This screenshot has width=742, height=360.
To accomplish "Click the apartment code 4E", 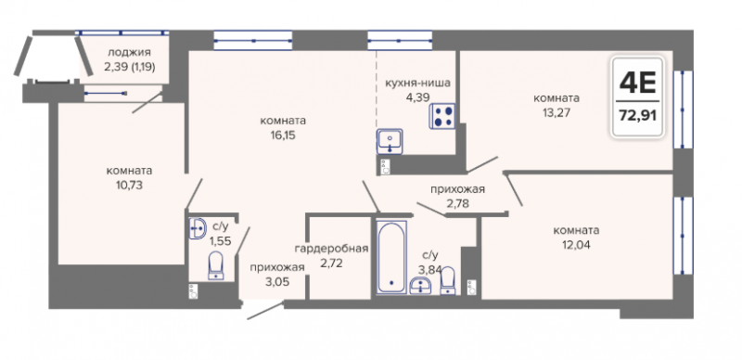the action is pos(637,84).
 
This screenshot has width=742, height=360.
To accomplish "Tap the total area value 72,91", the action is pos(637,116).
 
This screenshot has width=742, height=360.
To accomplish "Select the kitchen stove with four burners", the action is pos(442,116).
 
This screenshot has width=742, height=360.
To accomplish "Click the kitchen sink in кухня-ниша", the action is pos(390,142).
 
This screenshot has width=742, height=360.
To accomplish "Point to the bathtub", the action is pos(391,257).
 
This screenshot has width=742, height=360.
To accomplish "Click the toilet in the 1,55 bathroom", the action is pos(216,266).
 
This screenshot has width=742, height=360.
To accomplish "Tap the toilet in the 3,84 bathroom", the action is pos(448,281).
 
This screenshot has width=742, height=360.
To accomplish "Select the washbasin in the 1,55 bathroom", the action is pos(198,229).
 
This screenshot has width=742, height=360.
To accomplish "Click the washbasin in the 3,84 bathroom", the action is pos(420,286).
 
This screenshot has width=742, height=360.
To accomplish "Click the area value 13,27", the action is pos(556,114).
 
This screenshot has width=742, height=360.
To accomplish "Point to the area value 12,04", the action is pos(576,245).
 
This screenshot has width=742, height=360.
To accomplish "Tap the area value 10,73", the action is pos(129,186).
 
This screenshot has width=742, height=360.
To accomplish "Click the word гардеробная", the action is pos(331,249).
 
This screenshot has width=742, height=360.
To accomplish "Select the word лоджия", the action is pos(129,53).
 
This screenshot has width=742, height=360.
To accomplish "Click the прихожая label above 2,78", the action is pos(457,189).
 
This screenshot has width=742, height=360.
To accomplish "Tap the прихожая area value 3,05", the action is pos(276,281).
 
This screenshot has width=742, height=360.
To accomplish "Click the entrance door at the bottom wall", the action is pos(265,310).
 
